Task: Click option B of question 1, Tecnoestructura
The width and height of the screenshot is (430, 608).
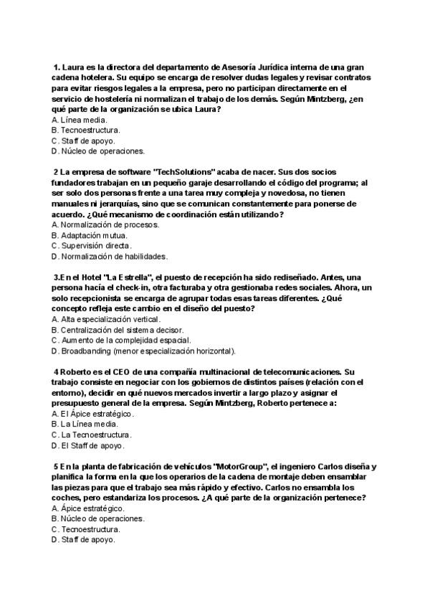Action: click(86, 130)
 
